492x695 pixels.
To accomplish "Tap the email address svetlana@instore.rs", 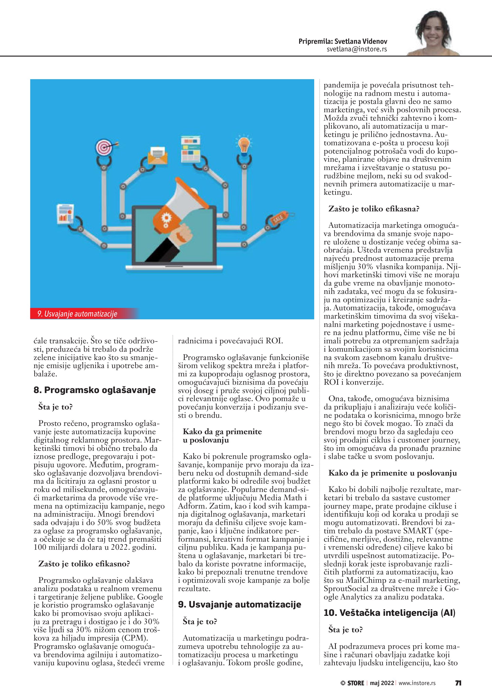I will pos(357,49).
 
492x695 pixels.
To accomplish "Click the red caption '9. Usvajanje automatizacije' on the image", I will pos(77,314).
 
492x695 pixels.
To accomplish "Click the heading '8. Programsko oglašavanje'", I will pos(94,390).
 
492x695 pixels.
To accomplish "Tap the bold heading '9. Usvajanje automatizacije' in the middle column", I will pos(239,604).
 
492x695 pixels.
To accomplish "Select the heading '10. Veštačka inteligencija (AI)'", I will pos(389,613).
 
